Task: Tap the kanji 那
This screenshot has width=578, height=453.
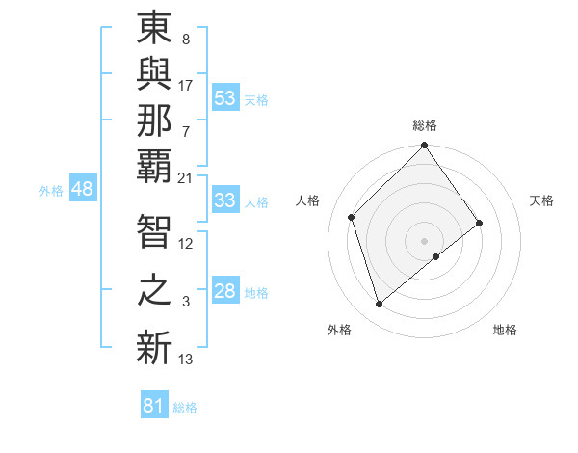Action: click(154, 123)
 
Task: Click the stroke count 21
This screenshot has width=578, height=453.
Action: click(185, 178)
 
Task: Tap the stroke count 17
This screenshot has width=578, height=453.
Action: click(186, 85)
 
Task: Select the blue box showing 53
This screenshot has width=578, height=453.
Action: click(225, 97)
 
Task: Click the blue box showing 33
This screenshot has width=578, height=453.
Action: click(225, 200)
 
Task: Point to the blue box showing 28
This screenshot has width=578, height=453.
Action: click(225, 291)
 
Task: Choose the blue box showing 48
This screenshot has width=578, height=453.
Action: click(82, 189)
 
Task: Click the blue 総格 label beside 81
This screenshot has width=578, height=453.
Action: click(185, 408)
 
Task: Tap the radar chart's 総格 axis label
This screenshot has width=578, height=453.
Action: click(425, 125)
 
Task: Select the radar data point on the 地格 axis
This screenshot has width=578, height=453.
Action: click(436, 256)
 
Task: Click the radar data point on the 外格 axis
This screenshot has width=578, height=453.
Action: click(380, 305)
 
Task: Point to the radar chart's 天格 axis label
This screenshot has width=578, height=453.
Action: click(541, 200)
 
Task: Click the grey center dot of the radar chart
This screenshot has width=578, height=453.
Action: click(424, 240)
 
